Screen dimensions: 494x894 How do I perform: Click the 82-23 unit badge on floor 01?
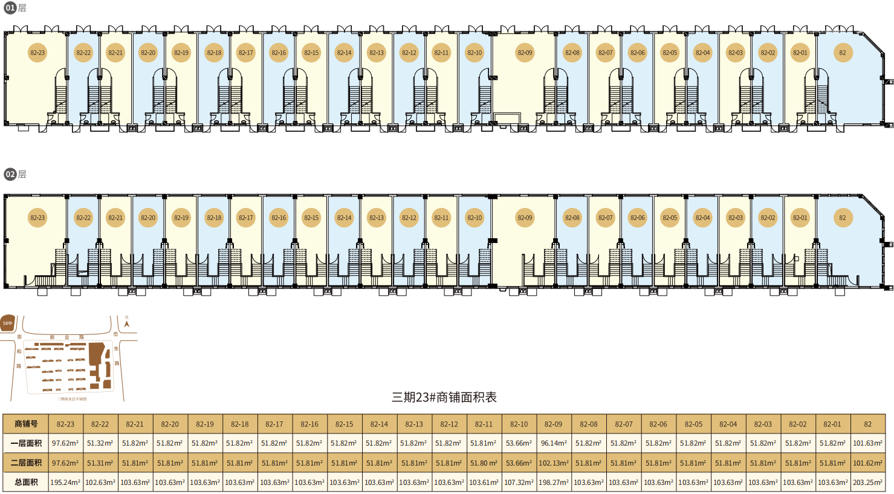click(x=37, y=53)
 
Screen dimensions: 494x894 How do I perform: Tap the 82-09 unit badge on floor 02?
click(x=525, y=218)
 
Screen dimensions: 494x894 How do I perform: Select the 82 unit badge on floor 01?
click(x=843, y=53)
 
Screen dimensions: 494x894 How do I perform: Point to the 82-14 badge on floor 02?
click(x=344, y=218)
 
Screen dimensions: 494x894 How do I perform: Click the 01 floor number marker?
click(x=10, y=8)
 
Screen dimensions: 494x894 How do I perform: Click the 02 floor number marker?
click(x=10, y=174)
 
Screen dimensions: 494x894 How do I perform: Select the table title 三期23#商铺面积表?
click(x=444, y=397)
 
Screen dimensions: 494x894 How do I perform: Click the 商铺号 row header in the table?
click(x=26, y=424)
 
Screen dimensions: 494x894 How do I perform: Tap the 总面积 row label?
click(x=26, y=482)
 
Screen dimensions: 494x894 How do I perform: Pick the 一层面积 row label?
click(x=26, y=443)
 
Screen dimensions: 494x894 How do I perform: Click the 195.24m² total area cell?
click(x=65, y=482)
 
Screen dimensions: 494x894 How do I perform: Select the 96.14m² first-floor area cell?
click(x=554, y=443)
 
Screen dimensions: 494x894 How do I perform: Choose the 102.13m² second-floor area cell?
click(x=554, y=463)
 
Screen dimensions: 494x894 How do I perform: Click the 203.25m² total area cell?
click(x=867, y=482)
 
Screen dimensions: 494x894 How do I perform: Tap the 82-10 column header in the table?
click(x=519, y=424)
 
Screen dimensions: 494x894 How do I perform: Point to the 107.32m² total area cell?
click(x=519, y=482)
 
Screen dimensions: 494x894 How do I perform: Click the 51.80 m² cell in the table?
click(x=484, y=463)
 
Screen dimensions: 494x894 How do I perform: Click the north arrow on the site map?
click(x=126, y=323)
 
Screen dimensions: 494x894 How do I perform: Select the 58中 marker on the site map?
click(x=7, y=323)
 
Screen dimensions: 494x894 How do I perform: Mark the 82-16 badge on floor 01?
click(x=279, y=53)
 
